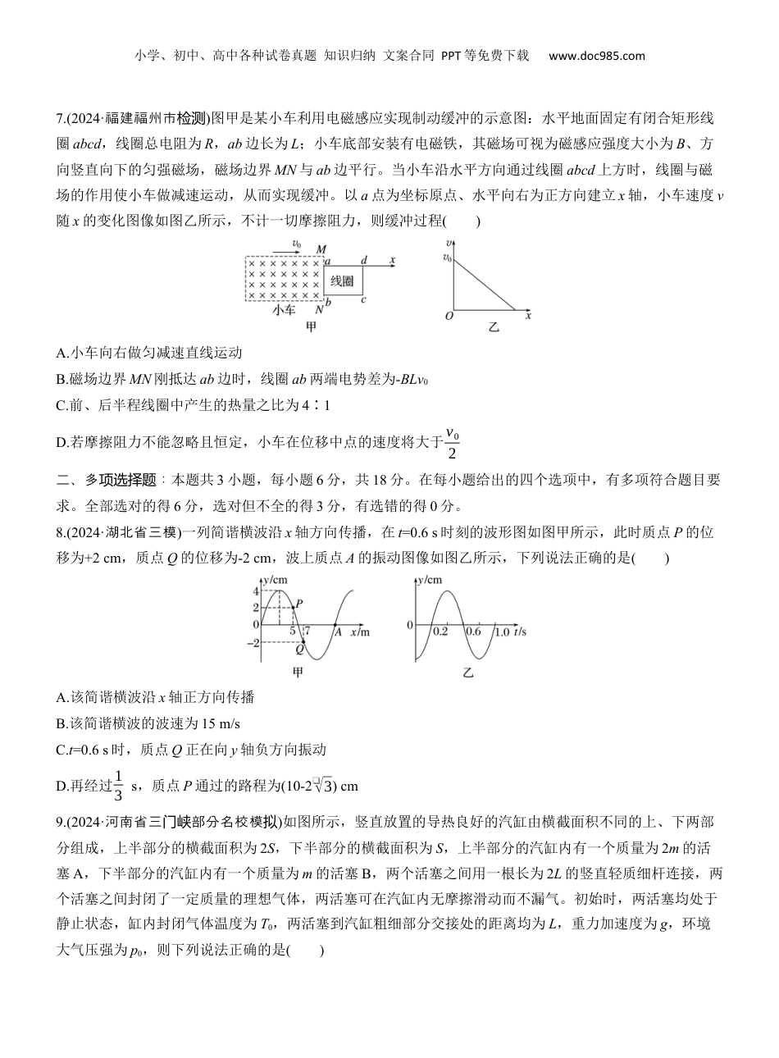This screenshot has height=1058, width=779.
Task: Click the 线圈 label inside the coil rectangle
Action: tap(341, 282)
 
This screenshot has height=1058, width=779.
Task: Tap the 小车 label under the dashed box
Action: tap(284, 310)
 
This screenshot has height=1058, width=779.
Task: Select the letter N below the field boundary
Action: tap(319, 310)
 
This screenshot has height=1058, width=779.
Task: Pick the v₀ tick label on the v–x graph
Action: tap(446, 258)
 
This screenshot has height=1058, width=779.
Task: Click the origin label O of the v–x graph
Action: tap(449, 316)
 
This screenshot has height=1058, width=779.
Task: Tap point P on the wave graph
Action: tap(298, 604)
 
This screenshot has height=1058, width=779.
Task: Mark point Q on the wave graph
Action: tap(299, 649)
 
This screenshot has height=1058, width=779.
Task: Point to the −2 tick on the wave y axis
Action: tap(253, 642)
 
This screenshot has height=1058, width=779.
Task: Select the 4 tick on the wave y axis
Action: tap(256, 591)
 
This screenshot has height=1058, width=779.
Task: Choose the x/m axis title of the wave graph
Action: tap(359, 632)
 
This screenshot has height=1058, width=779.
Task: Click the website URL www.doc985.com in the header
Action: tap(596, 56)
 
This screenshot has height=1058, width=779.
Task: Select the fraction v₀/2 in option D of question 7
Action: tap(450, 442)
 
